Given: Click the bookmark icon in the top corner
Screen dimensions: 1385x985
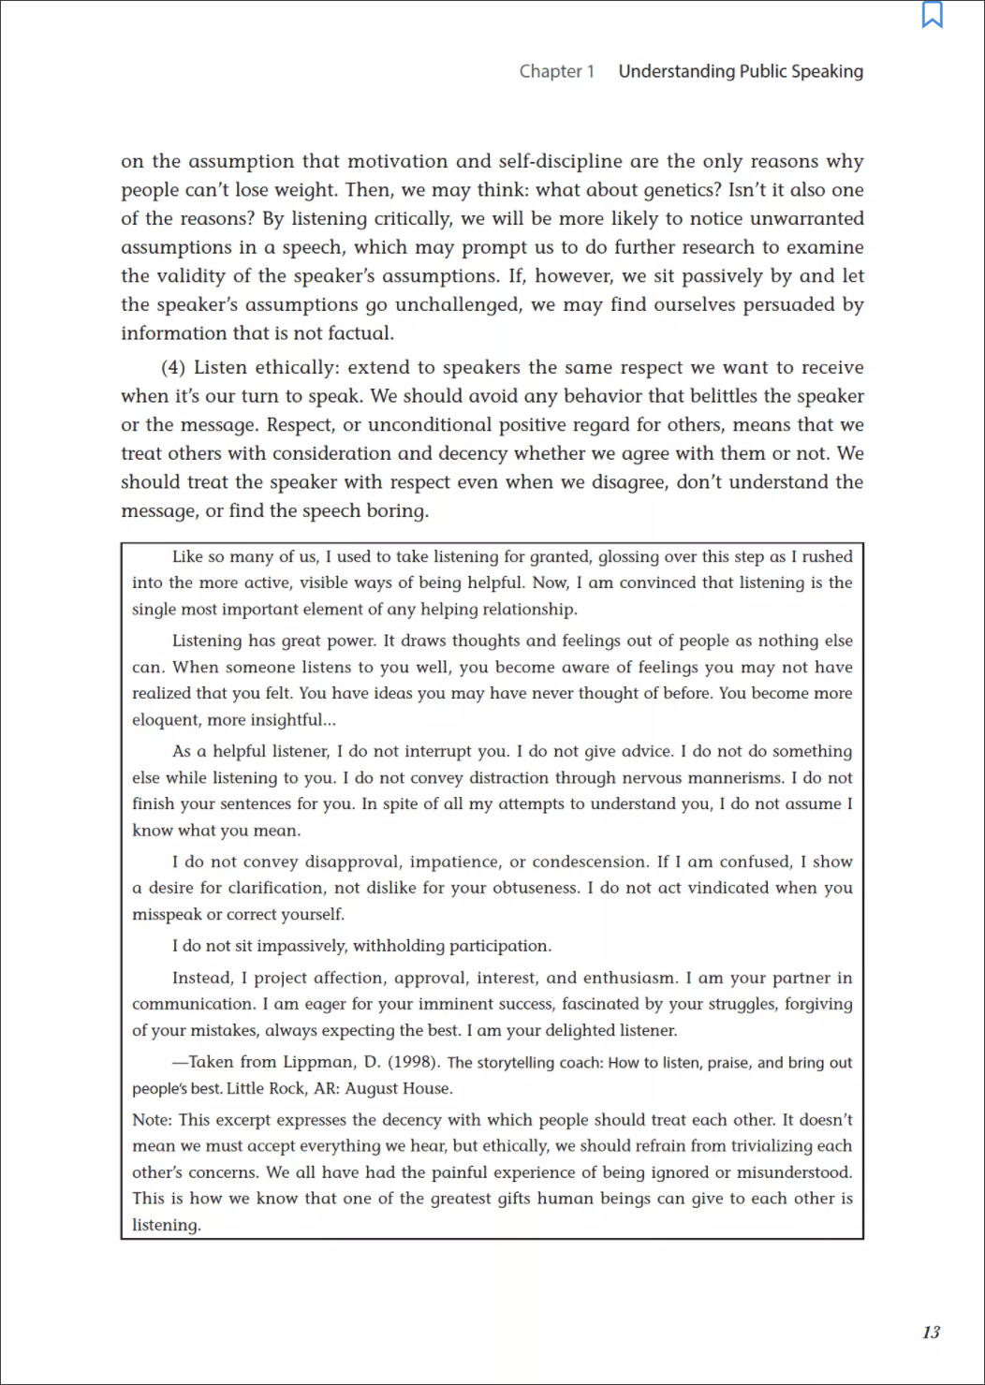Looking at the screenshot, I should [x=933, y=15].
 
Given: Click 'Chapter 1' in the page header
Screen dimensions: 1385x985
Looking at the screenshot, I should [x=556, y=71].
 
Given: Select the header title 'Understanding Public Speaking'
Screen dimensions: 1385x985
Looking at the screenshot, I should [x=741, y=71].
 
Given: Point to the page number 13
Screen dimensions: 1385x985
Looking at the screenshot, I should [x=931, y=1332].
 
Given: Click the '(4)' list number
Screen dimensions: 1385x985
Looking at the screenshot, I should [x=173, y=367].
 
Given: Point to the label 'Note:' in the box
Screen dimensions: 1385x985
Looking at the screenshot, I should [x=152, y=1120].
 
